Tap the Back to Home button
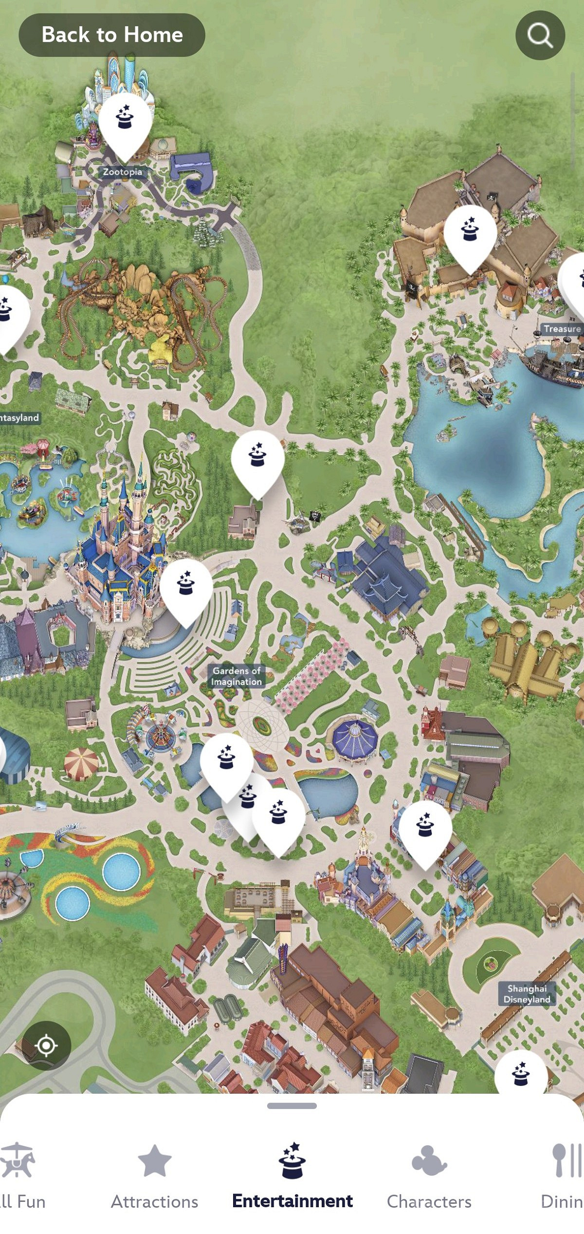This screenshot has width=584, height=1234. coord(111,35)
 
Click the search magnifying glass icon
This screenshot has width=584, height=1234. coord(540,35)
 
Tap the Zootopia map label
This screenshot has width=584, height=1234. coord(123,172)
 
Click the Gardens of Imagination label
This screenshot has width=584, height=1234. coord(237,676)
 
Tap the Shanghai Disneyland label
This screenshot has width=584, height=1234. coord(527,993)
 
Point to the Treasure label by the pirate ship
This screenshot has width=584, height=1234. coord(562,329)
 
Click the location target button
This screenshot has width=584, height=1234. coord(46,1045)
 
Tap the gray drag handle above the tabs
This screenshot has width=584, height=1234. coord(292,1106)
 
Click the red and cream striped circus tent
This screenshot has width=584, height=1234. coord(81,763)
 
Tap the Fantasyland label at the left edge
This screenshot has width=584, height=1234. coord(19,417)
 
